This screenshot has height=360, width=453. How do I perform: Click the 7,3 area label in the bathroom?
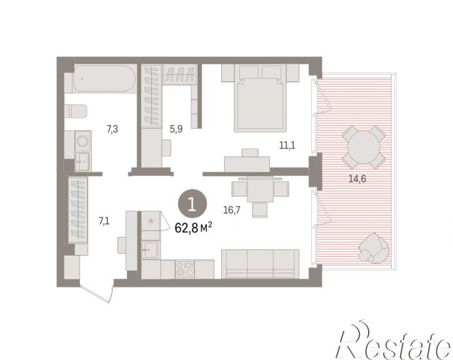click(112, 129)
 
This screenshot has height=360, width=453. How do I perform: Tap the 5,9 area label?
click(176, 129)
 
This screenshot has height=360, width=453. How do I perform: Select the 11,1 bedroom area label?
click(287, 146)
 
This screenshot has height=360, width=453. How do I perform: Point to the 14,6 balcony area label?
click(357, 179)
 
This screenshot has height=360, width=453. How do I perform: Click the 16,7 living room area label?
click(232, 210)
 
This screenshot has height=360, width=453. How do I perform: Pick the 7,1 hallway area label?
click(104, 221)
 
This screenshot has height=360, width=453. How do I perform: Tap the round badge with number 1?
click(192, 204)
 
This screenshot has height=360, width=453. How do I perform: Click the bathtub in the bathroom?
click(104, 79)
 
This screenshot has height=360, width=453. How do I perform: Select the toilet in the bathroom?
click(76, 111)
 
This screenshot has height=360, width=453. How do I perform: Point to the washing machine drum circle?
click(82, 141)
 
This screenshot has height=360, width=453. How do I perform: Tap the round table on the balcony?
click(364, 147)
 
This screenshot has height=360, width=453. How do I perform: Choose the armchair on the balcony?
click(373, 249)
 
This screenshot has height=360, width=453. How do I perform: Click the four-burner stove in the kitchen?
click(185, 269)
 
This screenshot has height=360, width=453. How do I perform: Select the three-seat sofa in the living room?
click(260, 264)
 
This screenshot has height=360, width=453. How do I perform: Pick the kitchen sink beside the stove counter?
click(150, 249)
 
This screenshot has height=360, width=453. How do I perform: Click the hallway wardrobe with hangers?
click(77, 210)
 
